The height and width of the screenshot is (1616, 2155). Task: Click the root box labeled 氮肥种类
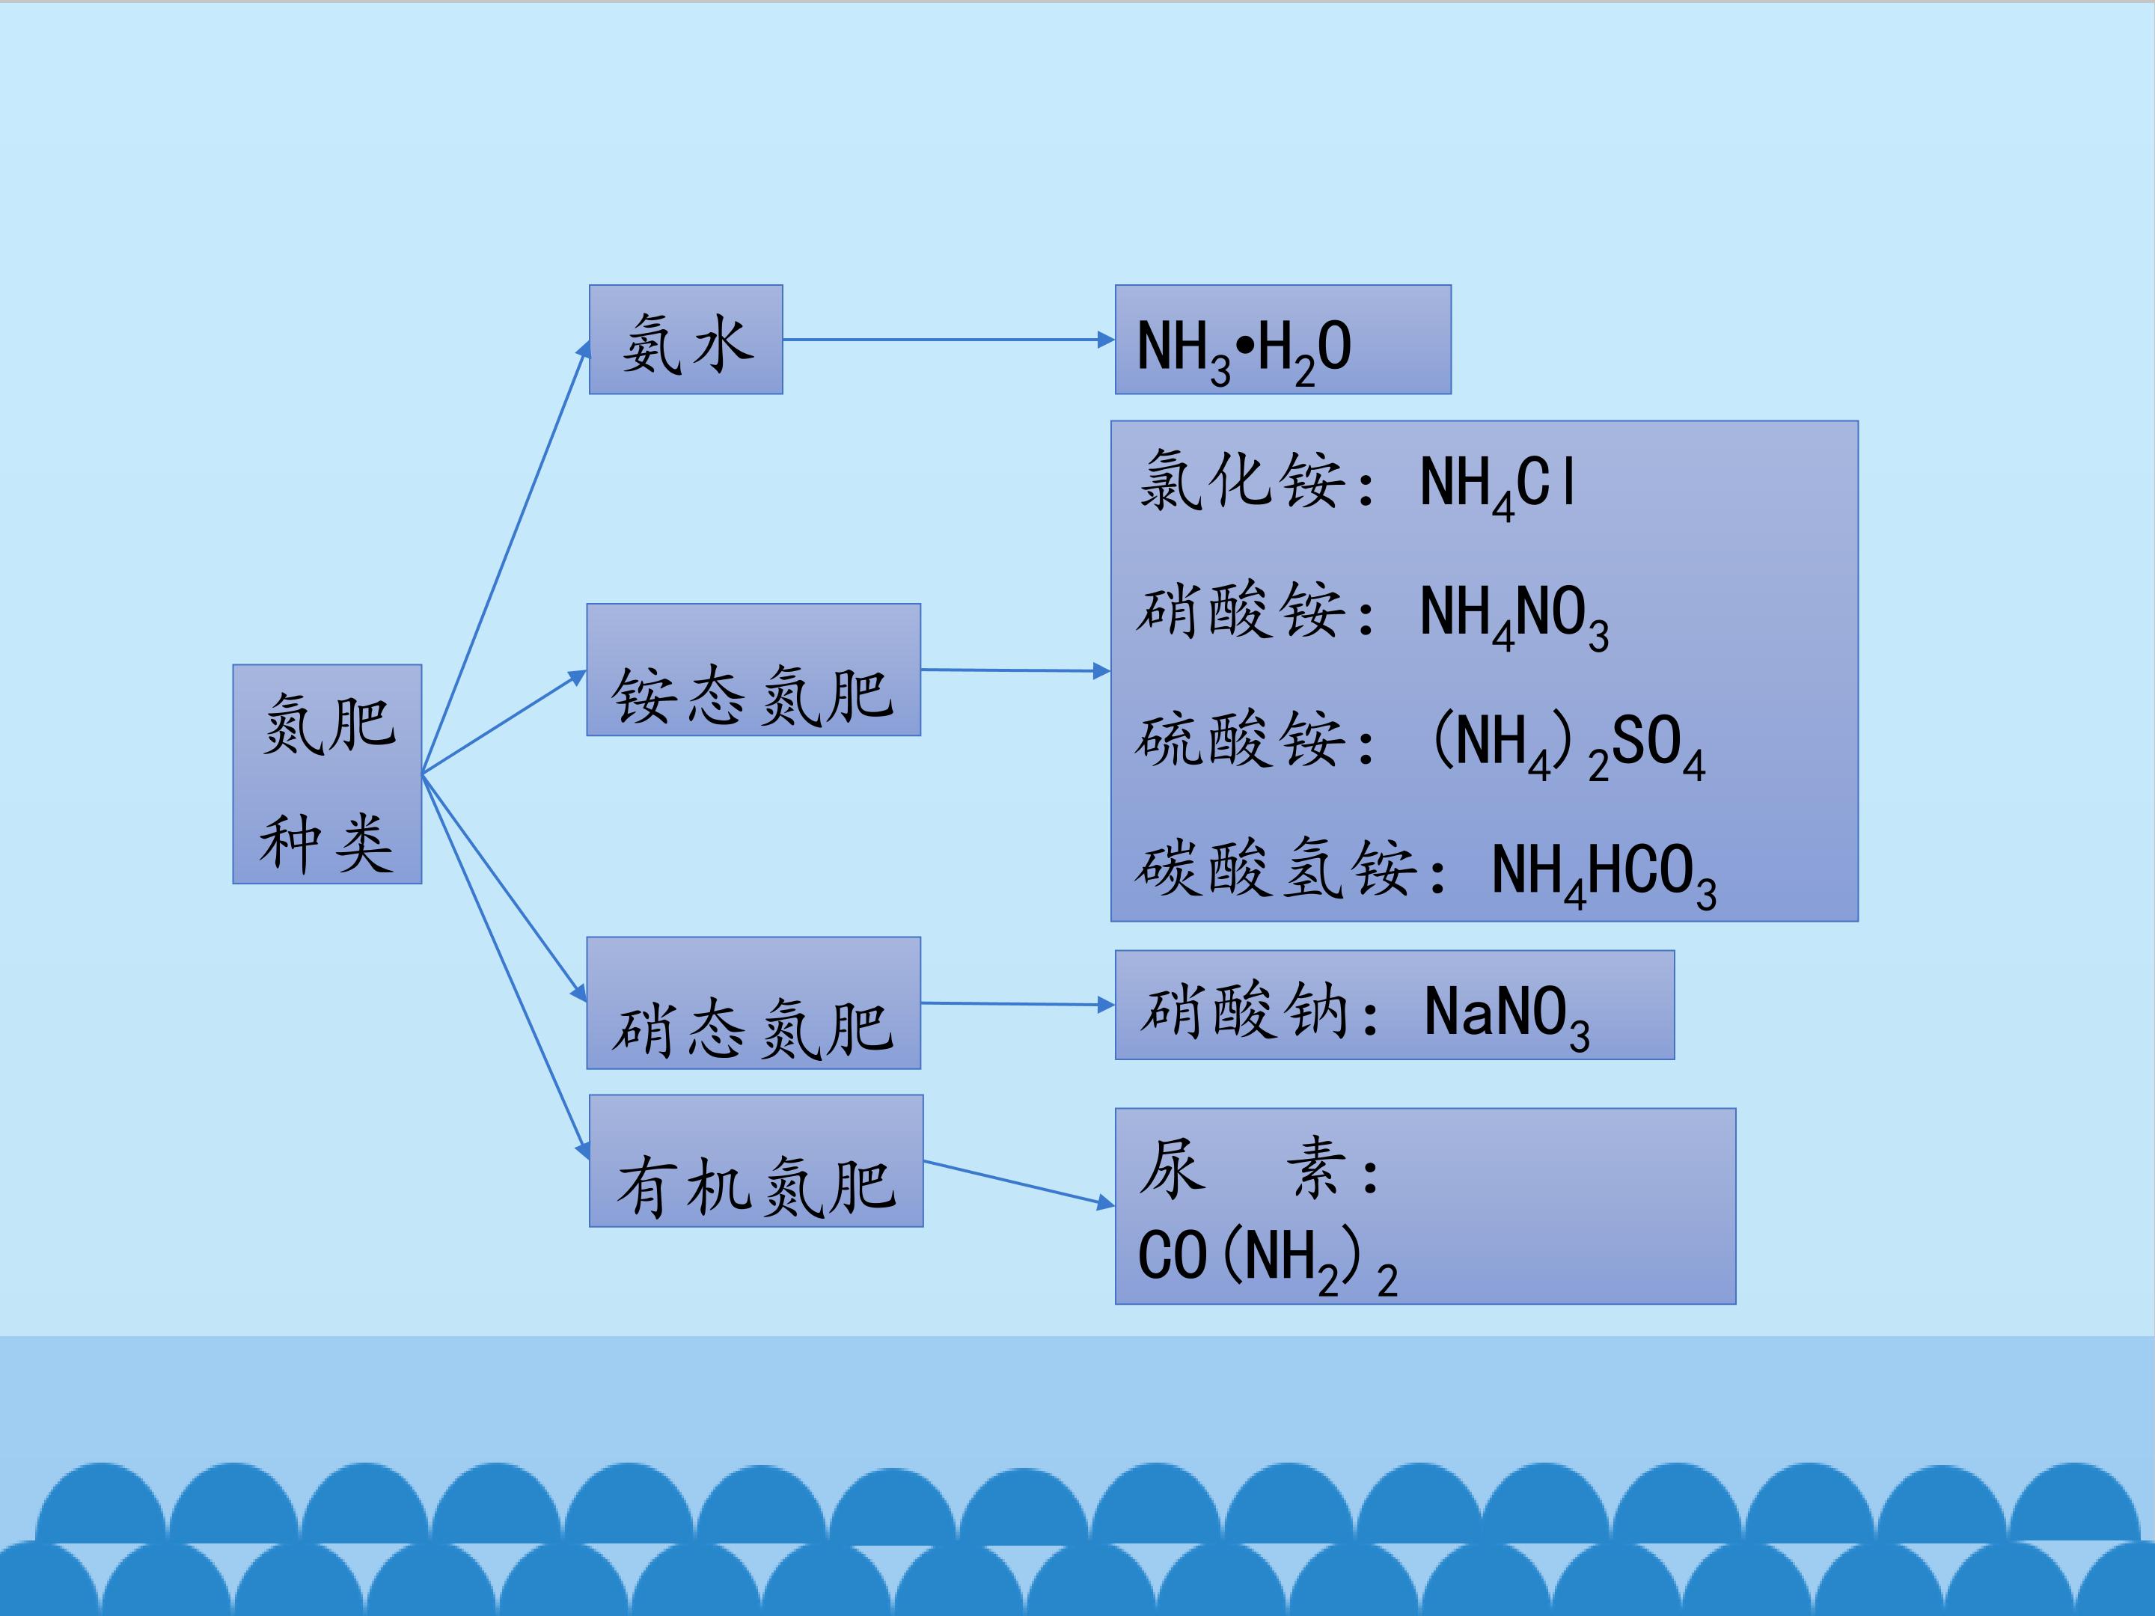coord(327,774)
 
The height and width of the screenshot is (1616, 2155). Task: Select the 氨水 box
coord(686,340)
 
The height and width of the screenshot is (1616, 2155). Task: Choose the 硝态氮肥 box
coord(753,1003)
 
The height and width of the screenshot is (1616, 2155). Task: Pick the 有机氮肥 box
coord(756,1161)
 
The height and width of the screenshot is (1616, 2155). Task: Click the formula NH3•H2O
coord(1244,352)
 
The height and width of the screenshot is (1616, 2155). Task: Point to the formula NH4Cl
coord(1497,486)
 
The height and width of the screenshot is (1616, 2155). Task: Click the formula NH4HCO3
coord(1604,875)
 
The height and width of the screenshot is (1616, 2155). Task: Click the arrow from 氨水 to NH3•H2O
coord(949,340)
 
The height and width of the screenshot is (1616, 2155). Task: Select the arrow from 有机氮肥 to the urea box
coord(1019,1184)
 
